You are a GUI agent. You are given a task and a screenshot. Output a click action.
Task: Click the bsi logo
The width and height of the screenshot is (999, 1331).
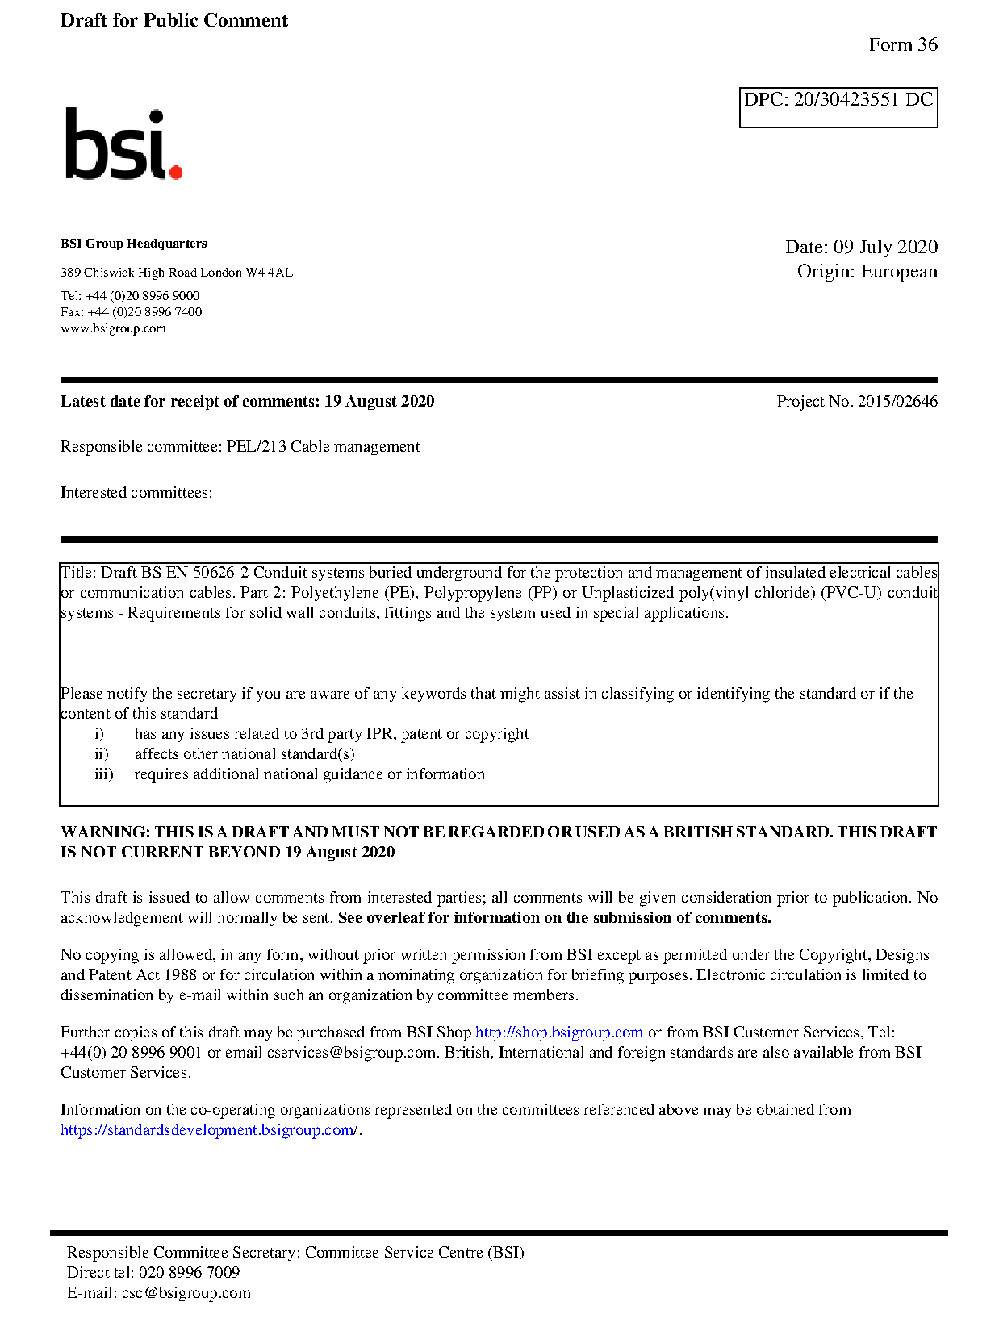(123, 144)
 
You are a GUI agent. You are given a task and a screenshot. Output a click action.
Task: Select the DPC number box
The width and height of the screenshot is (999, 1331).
(838, 107)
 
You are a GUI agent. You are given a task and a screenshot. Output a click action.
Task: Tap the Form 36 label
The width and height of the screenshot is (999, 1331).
(902, 45)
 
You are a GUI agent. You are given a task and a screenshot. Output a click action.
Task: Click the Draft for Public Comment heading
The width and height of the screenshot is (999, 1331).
(173, 21)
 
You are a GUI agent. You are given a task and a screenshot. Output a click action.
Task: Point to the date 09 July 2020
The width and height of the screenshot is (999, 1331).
(885, 247)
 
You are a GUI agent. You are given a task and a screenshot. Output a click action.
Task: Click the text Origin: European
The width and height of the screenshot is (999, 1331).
(867, 271)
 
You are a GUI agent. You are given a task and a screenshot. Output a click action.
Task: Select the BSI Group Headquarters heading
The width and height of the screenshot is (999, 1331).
(133, 244)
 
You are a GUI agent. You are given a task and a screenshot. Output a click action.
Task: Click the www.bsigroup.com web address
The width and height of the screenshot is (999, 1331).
(113, 328)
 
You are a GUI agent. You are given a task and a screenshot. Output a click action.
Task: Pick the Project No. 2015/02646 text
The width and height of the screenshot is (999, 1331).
(856, 401)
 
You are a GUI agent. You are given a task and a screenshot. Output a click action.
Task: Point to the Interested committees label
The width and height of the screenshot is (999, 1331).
(136, 493)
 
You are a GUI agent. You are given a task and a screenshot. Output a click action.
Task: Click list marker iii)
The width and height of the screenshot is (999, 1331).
(103, 774)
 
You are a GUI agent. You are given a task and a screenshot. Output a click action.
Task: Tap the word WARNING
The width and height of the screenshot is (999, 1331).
(105, 832)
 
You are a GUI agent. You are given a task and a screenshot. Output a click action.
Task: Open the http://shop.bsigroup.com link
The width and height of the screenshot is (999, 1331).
(558, 1033)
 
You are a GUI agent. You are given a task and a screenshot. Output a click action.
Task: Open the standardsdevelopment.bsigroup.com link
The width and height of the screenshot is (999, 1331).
(209, 1130)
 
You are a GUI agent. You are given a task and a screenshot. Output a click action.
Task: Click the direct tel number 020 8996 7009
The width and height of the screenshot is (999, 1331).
(189, 1272)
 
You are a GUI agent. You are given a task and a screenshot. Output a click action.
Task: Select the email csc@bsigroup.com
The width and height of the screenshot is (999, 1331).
(186, 1293)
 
